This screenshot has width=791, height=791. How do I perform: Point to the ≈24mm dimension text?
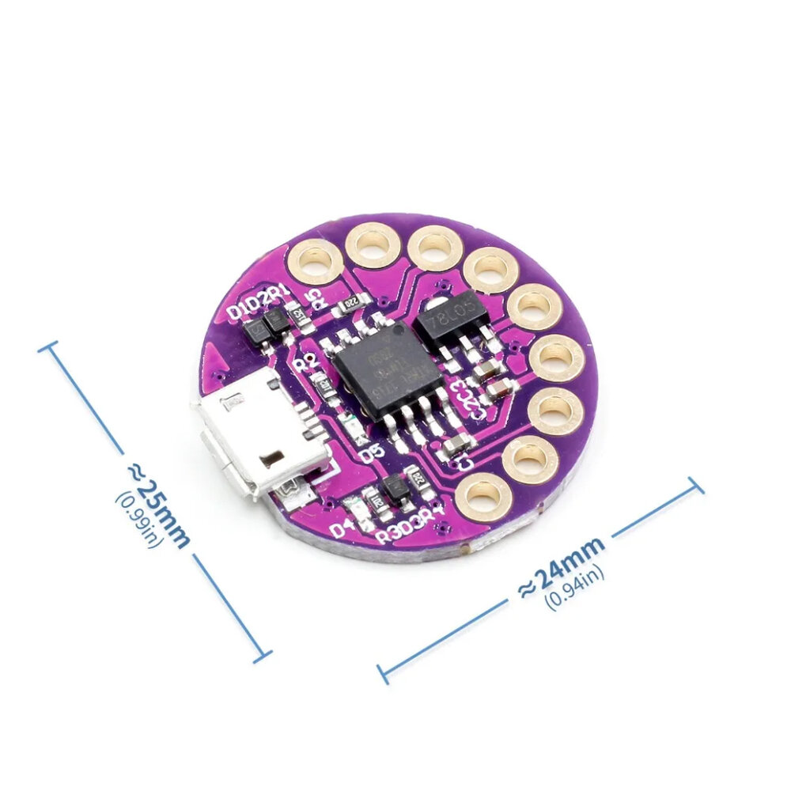[x=561, y=566]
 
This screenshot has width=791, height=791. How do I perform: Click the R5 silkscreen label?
[x=315, y=297]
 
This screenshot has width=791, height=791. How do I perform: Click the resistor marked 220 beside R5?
[x=349, y=303]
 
